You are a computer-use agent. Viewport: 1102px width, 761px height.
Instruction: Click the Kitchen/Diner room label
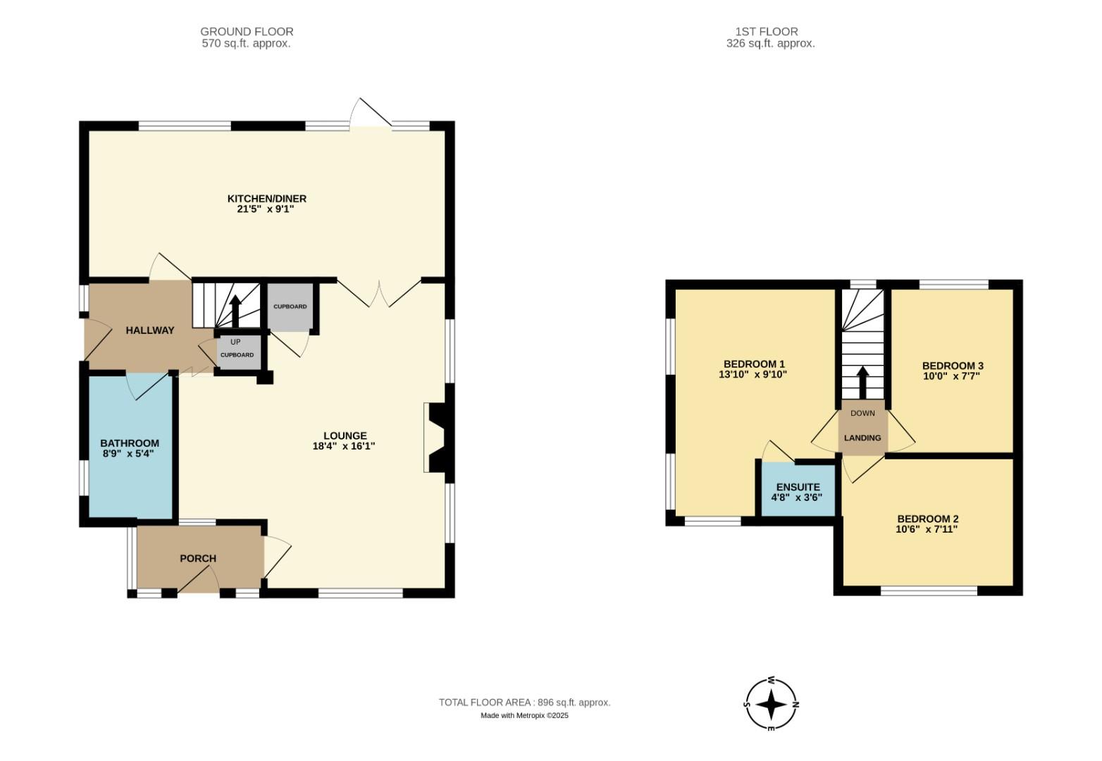coord(266,199)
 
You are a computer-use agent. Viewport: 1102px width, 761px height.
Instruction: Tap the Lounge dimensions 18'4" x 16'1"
coord(344,446)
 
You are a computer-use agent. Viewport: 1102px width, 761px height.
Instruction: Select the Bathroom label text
coord(130,443)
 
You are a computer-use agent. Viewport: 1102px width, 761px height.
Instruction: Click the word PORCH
coord(198,558)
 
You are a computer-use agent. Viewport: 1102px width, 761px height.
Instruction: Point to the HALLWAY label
coord(150,330)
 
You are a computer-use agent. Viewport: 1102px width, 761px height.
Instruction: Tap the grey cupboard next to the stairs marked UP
coord(237,354)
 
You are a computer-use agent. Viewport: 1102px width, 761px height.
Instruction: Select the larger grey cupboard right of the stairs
coord(290,307)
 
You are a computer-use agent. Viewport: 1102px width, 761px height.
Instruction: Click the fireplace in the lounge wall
coord(434,437)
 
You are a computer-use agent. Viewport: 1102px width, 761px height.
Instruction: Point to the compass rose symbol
coord(772,704)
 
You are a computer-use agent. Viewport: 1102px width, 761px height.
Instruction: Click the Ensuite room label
coord(798,487)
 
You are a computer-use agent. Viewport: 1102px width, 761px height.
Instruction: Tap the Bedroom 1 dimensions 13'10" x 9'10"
coord(753,375)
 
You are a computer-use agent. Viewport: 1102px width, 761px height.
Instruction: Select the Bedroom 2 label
coord(927,519)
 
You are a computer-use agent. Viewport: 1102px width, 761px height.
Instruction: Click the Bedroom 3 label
coord(953,366)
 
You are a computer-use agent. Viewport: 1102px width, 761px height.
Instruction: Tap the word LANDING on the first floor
coord(862,438)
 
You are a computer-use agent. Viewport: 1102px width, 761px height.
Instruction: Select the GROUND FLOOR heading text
coord(247,32)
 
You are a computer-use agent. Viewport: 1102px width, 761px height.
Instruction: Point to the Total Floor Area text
coord(524,703)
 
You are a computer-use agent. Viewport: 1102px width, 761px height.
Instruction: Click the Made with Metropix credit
coord(524,716)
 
